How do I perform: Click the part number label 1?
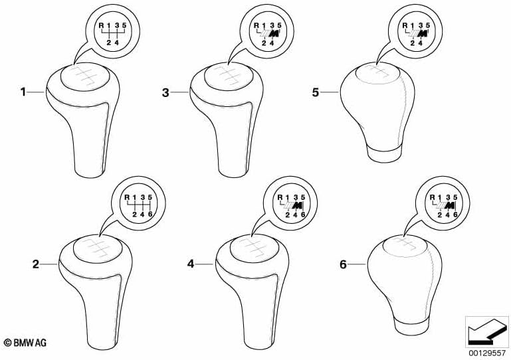click(x=23, y=92)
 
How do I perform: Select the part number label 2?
click(x=35, y=264)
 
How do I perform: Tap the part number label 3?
click(x=165, y=93)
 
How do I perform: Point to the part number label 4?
click(x=191, y=264)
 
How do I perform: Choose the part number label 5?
click(x=315, y=92)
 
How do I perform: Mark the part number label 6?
click(x=343, y=264)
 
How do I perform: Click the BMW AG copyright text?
click(x=25, y=343)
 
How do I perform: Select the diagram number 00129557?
click(x=487, y=353)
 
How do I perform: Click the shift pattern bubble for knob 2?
click(x=138, y=203)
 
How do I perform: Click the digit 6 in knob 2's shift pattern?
click(x=150, y=215)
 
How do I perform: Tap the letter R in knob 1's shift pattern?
click(x=102, y=25)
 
